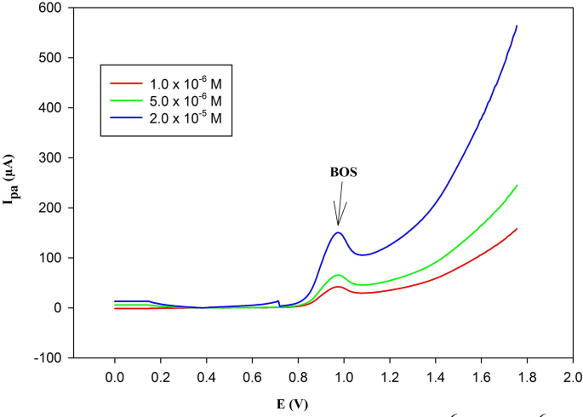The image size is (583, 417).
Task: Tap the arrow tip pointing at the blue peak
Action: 339,226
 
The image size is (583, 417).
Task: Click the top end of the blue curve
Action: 517,26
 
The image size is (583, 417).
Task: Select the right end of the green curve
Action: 517,186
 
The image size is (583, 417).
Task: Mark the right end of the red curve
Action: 517,228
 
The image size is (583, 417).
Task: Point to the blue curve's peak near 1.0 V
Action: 339,232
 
